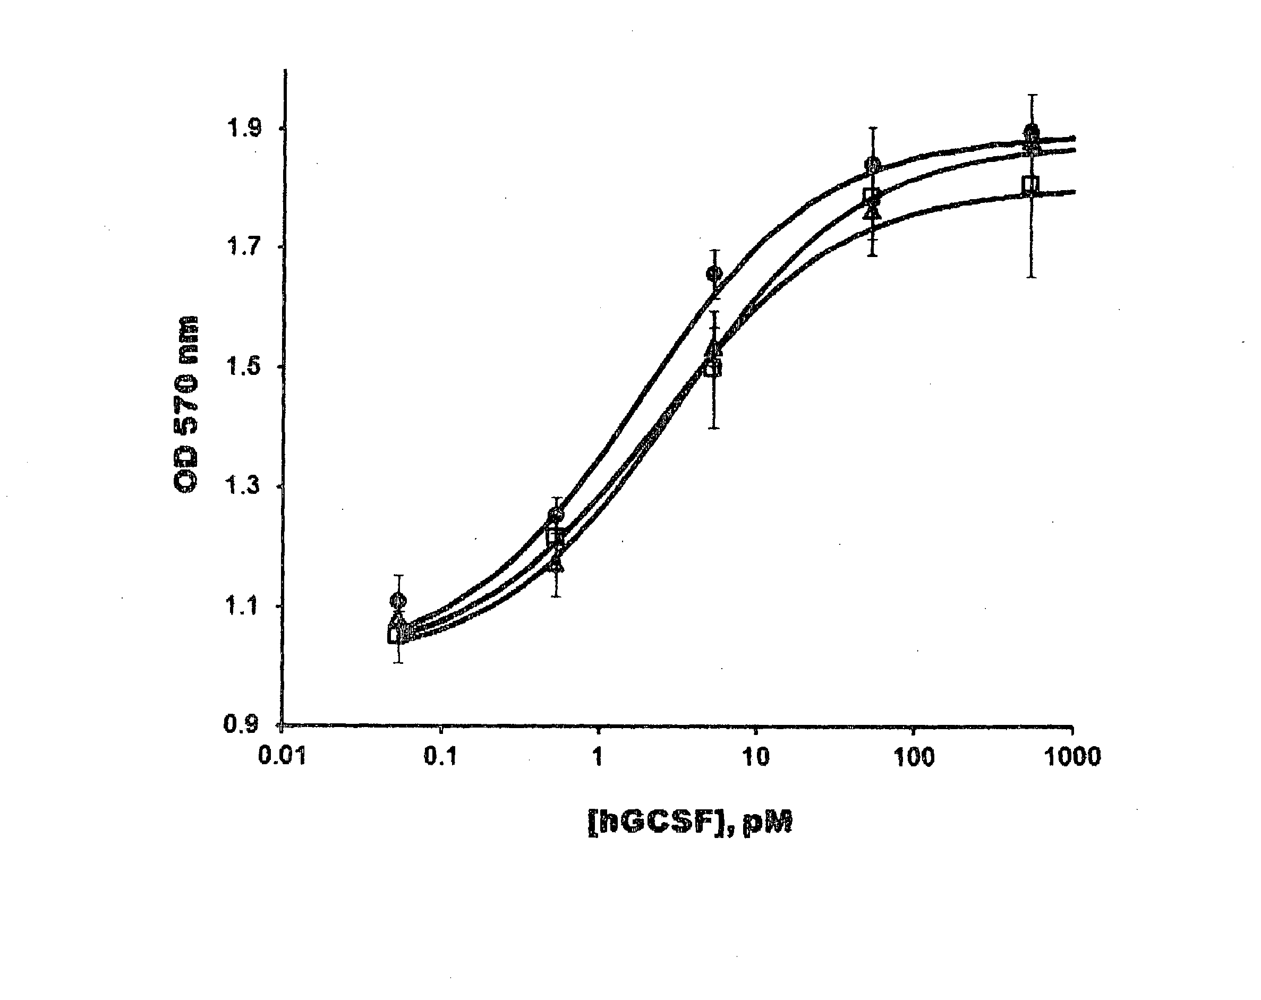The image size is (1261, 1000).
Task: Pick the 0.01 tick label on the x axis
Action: (283, 757)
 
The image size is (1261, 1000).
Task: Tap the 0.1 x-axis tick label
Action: (440, 757)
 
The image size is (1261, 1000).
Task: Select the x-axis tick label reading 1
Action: (597, 757)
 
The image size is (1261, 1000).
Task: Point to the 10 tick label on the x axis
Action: (756, 757)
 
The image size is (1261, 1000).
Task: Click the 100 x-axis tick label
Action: (914, 757)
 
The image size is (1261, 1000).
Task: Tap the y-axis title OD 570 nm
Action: (186, 404)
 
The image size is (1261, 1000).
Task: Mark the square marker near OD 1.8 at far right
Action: (1030, 185)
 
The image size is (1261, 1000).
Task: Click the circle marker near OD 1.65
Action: (714, 273)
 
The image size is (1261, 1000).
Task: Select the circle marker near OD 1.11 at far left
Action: (398, 600)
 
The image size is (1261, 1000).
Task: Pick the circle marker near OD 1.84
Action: (873, 164)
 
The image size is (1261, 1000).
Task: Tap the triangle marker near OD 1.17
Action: (557, 565)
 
